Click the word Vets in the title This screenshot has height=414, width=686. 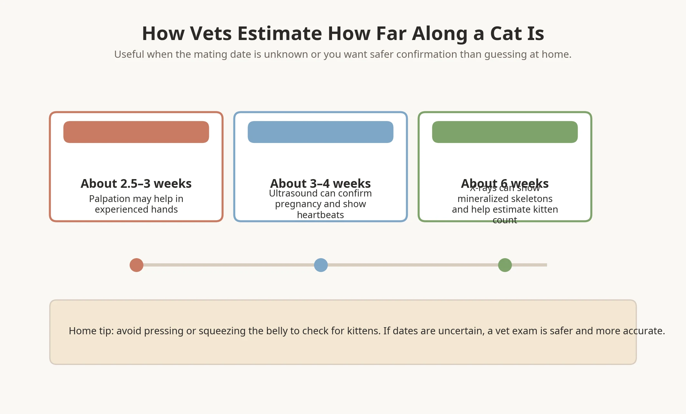pos(211,33)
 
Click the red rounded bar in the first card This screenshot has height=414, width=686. pos(136,132)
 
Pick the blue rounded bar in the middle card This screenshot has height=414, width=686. pos(320,132)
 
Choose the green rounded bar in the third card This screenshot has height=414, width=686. pos(505,132)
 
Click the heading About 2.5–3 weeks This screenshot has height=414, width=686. pos(136,183)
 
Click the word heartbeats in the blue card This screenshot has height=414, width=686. pos(320,215)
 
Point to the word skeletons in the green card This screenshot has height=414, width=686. pos(532,199)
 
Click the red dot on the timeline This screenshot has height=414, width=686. pos(136,265)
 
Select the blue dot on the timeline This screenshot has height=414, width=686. pos(321,265)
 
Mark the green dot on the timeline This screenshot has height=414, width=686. pos(505,265)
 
